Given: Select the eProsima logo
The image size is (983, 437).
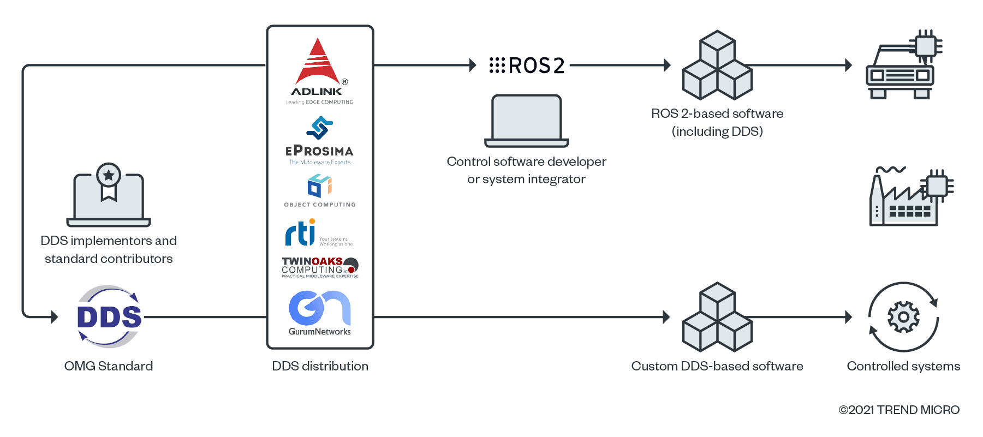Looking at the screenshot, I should tap(319, 141).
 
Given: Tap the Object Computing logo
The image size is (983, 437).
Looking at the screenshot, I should tap(320, 190).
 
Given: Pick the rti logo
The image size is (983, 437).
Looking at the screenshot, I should tap(319, 233).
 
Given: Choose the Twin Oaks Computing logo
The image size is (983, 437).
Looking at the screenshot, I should tap(320, 267).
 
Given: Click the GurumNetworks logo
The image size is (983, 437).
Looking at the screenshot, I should tap(320, 313).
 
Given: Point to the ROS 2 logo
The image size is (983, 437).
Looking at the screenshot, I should tap(527, 65).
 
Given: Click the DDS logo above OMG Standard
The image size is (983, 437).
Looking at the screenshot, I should tap(109, 317).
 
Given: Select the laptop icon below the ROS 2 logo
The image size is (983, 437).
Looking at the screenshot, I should tap(527, 121).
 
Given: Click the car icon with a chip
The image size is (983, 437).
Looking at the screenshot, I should tap(904, 66).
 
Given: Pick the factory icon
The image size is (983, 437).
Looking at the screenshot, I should tap(908, 197).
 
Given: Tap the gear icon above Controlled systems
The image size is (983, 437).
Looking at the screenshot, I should tap(903, 317).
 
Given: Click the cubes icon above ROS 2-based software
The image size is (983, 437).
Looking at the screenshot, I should tap(718, 65).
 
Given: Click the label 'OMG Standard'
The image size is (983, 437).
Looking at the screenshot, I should tap(109, 366).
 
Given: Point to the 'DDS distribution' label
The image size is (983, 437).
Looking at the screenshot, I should tap(320, 366).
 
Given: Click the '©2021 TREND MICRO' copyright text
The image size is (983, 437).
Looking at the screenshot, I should tap(899, 410).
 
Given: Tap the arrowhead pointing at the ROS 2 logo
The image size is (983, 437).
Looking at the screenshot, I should tap(473, 65).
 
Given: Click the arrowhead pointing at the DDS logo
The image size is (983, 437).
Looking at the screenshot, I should tap(54, 316).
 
